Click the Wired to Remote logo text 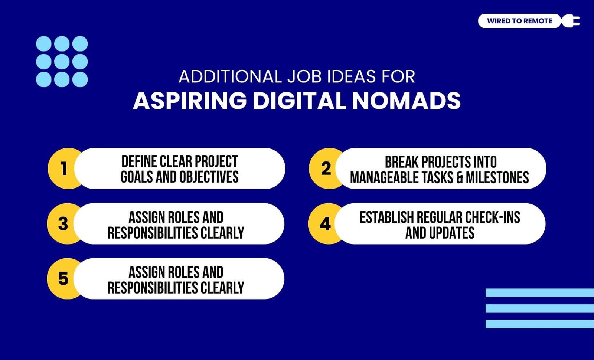pyautogui.click(x=519, y=21)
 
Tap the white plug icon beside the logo pyautogui.click(x=571, y=21)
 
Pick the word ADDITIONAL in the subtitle pyautogui.click(x=230, y=76)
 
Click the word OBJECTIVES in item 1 pyautogui.click(x=209, y=177)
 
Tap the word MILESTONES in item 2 pyautogui.click(x=497, y=178)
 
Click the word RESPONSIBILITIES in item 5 pyautogui.click(x=153, y=288)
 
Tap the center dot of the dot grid pyautogui.click(x=62, y=62)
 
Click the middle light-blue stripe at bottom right pyautogui.click(x=540, y=308)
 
